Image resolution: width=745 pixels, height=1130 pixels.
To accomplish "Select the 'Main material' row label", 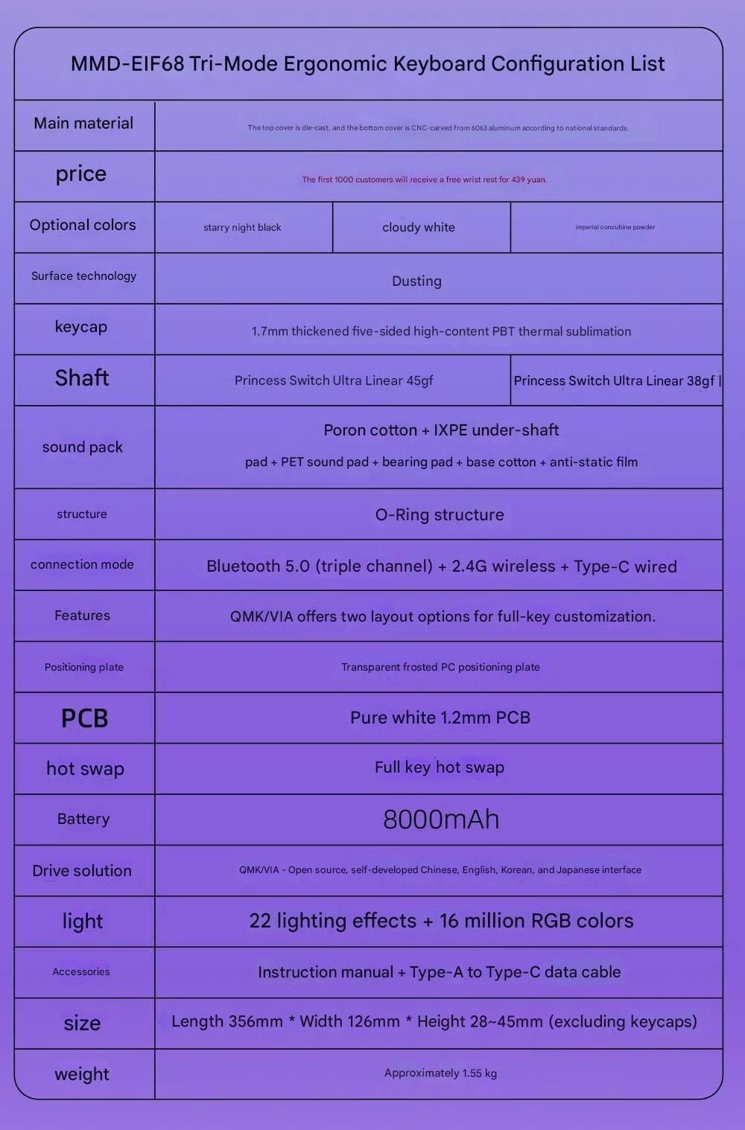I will [83, 124].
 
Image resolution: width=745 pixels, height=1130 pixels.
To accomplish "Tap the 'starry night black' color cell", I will [242, 228].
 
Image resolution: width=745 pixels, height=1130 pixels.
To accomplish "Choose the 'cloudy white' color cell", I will [419, 228].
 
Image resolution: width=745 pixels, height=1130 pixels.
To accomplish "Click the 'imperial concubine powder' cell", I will [615, 227].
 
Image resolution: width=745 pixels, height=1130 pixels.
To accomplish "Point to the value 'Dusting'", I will [416, 281].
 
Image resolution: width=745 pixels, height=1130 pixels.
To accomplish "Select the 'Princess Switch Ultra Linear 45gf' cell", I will [333, 380].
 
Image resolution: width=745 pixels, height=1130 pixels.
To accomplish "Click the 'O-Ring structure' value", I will [440, 515].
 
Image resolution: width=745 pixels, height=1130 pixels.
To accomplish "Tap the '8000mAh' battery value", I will [441, 820].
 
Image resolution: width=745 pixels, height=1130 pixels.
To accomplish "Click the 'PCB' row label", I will [84, 718].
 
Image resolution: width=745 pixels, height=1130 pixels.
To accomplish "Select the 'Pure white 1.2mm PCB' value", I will [440, 718].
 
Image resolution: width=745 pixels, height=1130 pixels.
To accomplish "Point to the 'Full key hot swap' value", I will [440, 767].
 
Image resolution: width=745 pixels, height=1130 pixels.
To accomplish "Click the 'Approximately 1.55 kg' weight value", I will [440, 1073].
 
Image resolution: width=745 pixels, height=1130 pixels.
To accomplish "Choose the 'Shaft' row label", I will [82, 378].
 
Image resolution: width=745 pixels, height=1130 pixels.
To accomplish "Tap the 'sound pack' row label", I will [83, 447].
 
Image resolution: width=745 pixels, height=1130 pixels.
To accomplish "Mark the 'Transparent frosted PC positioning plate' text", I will [440, 667].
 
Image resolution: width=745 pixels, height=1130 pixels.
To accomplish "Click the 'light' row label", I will [82, 922].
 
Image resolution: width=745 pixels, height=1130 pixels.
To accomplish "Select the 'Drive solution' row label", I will [82, 871].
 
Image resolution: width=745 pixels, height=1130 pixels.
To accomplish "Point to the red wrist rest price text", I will [424, 179].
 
